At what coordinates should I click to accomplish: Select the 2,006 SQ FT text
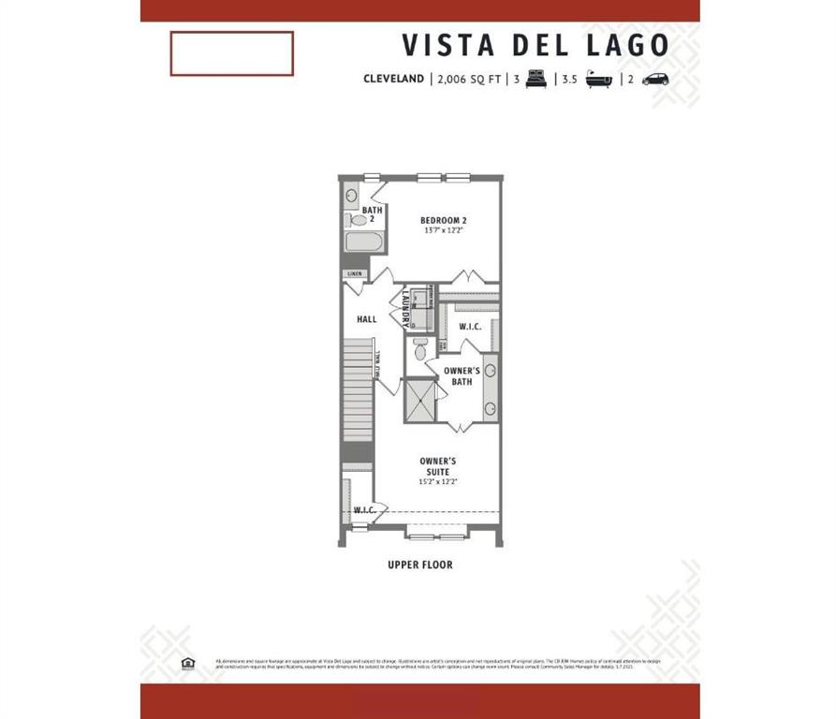[x=468, y=80]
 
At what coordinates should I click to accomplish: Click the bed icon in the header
[x=535, y=80]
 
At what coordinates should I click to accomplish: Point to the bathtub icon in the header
[x=599, y=80]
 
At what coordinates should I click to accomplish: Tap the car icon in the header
[x=655, y=80]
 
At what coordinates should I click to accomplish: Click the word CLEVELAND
[x=394, y=80]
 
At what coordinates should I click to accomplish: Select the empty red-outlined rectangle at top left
[x=231, y=53]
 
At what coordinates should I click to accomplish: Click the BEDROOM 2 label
[x=443, y=220]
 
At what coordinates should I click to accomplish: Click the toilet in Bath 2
[x=356, y=221]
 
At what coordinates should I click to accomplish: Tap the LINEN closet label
[x=354, y=274]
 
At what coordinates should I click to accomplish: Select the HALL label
[x=366, y=319]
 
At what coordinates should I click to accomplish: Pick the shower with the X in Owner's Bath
[x=419, y=400]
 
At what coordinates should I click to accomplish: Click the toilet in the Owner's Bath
[x=420, y=350]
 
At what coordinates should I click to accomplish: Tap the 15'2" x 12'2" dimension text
[x=437, y=482]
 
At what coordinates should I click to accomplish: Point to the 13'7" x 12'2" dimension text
[x=443, y=229]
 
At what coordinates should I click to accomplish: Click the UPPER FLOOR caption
[x=420, y=565]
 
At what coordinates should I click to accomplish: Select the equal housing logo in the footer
[x=188, y=664]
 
